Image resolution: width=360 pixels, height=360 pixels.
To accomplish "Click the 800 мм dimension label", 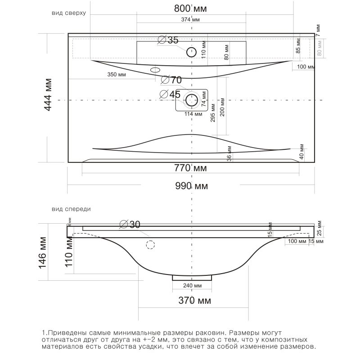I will (191, 9).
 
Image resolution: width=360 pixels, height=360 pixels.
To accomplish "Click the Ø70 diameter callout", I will (171, 80).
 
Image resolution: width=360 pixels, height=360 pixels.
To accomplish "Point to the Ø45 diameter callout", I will (170, 94).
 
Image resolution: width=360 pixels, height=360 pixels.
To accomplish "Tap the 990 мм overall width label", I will (191, 186).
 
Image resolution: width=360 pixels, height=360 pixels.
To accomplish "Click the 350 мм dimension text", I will (117, 75).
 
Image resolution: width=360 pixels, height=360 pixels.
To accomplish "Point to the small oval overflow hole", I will (156, 70).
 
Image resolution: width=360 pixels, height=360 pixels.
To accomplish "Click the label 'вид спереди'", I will (71, 209).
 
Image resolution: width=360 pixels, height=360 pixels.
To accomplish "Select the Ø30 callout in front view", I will (130, 225).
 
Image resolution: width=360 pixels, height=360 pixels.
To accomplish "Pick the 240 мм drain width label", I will (192, 286).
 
